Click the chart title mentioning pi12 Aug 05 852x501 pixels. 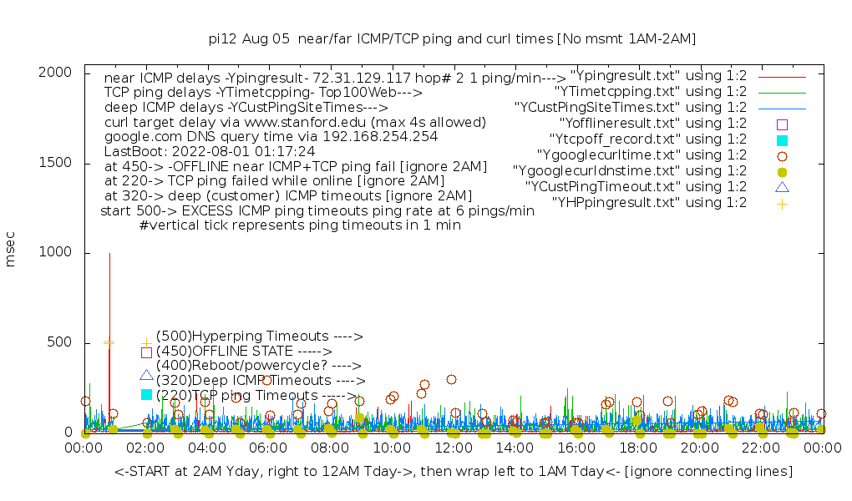click(x=452, y=38)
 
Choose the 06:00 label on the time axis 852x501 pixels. click(x=269, y=448)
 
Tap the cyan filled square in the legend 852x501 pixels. click(x=782, y=139)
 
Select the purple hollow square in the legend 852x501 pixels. click(x=782, y=124)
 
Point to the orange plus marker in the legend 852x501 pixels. click(x=782, y=203)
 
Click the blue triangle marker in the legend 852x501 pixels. click(x=782, y=187)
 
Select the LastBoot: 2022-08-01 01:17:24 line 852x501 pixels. click(x=210, y=152)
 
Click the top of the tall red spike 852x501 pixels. click(x=109, y=253)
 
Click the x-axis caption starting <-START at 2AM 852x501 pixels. click(x=454, y=472)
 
